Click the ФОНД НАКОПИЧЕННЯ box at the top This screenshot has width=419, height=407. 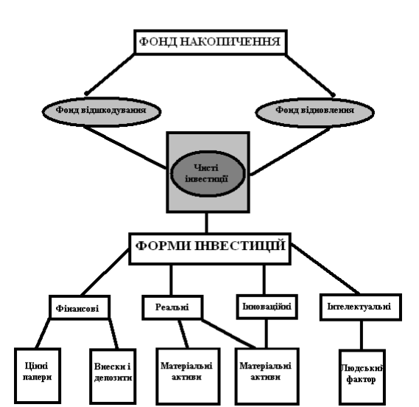pyautogui.click(x=211, y=42)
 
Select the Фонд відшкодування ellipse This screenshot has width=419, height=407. pyautogui.click(x=102, y=111)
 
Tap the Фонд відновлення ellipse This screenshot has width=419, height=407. pyautogui.click(x=314, y=112)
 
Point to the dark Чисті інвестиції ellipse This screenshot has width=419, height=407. pyautogui.click(x=208, y=174)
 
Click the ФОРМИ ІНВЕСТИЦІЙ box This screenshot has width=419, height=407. pyautogui.click(x=210, y=248)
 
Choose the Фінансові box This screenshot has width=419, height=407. pyautogui.click(x=80, y=307)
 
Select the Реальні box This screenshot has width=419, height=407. pyautogui.click(x=172, y=307)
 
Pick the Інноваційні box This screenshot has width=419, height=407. pyautogui.click(x=267, y=307)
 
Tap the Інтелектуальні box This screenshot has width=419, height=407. pyautogui.click(x=361, y=307)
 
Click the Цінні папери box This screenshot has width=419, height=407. pyautogui.click(x=38, y=375)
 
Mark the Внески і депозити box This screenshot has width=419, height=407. pyautogui.click(x=113, y=376)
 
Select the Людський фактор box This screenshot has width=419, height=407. pyautogui.click(x=362, y=377)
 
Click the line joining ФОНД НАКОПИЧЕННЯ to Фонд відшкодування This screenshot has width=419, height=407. pyautogui.click(x=110, y=74)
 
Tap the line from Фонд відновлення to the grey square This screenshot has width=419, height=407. pyautogui.click(x=290, y=151)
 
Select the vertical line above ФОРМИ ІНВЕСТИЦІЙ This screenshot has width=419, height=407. pyautogui.click(x=207, y=223)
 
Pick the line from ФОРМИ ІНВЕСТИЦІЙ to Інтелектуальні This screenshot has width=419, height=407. pyautogui.click(x=325, y=268)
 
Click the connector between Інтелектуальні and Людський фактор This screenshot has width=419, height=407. pyautogui.click(x=362, y=335)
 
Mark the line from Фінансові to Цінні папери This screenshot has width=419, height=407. pyautogui.click(x=43, y=333)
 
